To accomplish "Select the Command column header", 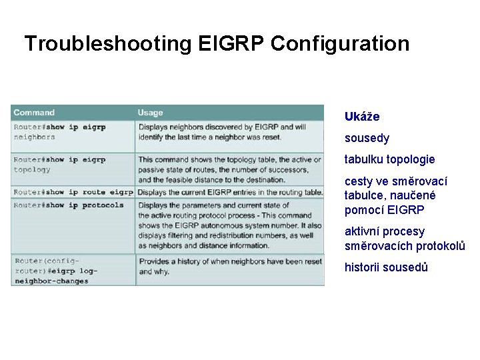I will [x=34, y=113].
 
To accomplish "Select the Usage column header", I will [x=150, y=113].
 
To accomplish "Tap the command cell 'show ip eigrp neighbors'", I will [x=60, y=131].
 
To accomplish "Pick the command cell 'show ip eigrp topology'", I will [x=60, y=165].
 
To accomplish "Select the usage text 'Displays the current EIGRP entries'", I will [x=230, y=193].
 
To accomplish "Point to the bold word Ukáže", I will [x=362, y=117].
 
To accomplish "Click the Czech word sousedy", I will [x=367, y=139].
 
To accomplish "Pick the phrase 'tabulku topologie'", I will [x=389, y=160].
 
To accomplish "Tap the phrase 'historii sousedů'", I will [x=386, y=268].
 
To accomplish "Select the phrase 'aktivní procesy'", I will [x=385, y=232].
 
